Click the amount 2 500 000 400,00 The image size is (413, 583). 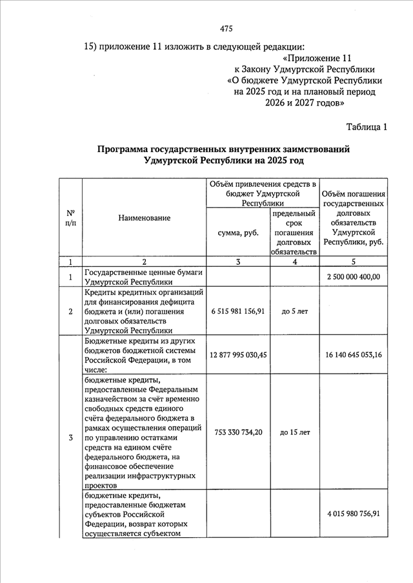353,277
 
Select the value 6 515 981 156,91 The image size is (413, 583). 238,311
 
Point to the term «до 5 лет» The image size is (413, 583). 294,311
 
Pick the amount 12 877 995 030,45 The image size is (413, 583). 238,354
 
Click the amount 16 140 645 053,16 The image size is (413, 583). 353,354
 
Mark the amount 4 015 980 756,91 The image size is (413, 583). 353,513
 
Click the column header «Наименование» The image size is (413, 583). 145,218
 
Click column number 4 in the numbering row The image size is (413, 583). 294,262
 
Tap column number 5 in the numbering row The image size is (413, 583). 353,262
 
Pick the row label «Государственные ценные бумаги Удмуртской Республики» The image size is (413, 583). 129,277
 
